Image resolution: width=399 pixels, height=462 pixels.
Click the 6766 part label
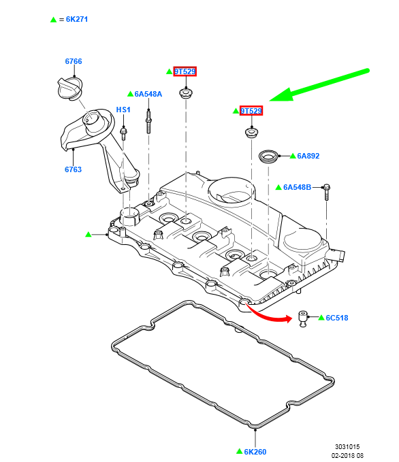point(74,61)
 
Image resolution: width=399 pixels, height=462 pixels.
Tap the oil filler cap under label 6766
point(70,88)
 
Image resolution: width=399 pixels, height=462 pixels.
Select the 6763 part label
point(73,169)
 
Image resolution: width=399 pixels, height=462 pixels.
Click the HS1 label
point(123,110)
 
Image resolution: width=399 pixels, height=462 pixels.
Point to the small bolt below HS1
point(123,133)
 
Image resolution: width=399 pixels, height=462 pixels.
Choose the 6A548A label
point(148,94)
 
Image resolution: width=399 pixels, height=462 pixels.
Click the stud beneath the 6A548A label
point(148,121)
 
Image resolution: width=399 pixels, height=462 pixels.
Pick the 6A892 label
point(308,156)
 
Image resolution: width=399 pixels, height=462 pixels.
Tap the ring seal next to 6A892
point(268,156)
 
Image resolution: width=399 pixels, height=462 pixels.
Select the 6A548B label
point(298,187)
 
